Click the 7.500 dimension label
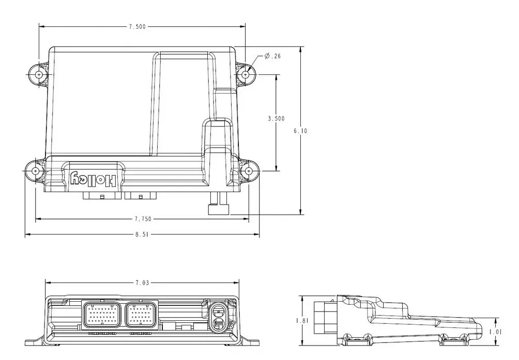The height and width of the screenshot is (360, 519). [x=137, y=27]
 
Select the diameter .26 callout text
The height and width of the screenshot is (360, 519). [x=272, y=56]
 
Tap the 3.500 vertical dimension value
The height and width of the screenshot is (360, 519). [x=277, y=118]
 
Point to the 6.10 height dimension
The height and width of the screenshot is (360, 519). [x=300, y=131]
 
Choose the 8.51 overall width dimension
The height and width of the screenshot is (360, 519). [x=142, y=234]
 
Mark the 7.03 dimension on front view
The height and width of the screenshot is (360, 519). [x=142, y=283]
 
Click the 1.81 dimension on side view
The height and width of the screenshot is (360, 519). [x=301, y=321]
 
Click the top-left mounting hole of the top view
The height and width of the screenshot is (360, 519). [x=39, y=75]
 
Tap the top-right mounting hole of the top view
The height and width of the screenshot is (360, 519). [x=245, y=75]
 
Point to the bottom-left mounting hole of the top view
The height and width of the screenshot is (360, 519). [x=35, y=170]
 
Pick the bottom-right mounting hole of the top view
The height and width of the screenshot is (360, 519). [x=249, y=170]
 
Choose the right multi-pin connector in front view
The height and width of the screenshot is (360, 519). [x=140, y=315]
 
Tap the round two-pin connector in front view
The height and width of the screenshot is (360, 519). [x=218, y=317]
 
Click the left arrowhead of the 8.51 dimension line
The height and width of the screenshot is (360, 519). [x=27, y=234]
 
